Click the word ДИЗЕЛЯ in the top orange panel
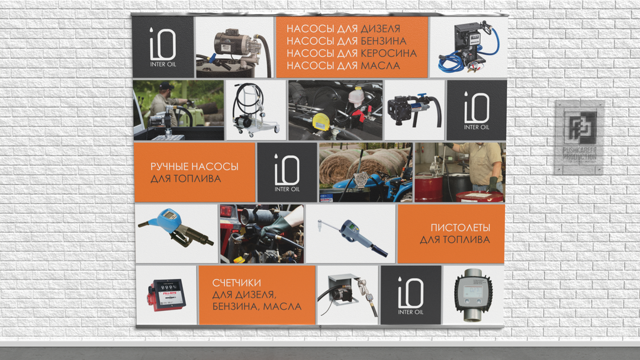pyautogui.click(x=380, y=29)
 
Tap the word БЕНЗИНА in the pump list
pyautogui.click(x=383, y=41)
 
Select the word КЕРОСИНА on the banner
pyautogui.click(x=388, y=53)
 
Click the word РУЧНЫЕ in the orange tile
pyautogui.click(x=169, y=166)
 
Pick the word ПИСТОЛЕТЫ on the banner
pyautogui.click(x=461, y=228)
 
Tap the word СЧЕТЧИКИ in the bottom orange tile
pyautogui.click(x=236, y=282)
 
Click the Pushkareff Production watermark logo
pyautogui.click(x=580, y=137)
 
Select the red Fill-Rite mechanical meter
pyautogui.click(x=167, y=295)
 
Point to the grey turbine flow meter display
pyautogui.click(x=474, y=295)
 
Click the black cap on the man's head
pyautogui.click(x=166, y=86)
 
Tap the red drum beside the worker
pyautogui.click(x=429, y=188)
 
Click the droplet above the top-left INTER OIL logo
pyautogui.click(x=152, y=30)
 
